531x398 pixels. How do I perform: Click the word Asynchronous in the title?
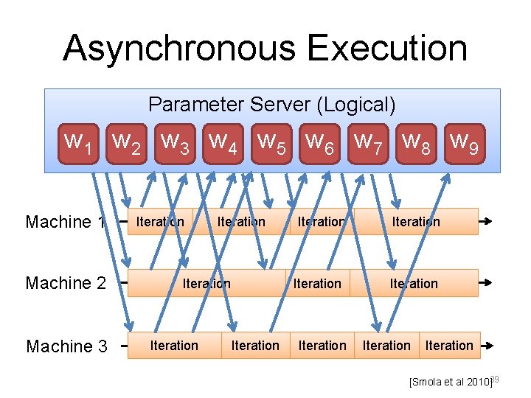pos(180,49)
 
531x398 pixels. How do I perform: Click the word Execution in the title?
pos(387,49)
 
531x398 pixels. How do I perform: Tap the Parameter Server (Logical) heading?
pos(272,105)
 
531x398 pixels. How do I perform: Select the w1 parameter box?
pos(78,142)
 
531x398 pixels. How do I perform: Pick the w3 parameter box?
pos(175,142)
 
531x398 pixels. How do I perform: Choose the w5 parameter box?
pos(272,142)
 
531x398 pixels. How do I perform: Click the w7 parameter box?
pos(369,142)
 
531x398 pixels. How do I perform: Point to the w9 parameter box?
pos(465,142)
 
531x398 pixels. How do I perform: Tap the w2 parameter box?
pos(126,142)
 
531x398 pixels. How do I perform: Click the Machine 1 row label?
pos(66,222)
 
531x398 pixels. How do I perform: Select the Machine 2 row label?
pos(66,283)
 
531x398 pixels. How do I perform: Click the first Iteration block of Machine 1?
pos(160,222)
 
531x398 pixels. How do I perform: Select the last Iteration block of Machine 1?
pos(416,222)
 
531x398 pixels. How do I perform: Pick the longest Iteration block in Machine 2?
pos(206,284)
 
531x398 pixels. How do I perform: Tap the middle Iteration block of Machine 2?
pos(317,284)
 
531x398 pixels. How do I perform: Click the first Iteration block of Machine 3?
pos(174,346)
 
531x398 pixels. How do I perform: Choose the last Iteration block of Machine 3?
pos(449,346)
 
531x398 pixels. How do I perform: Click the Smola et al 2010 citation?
pos(450,382)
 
